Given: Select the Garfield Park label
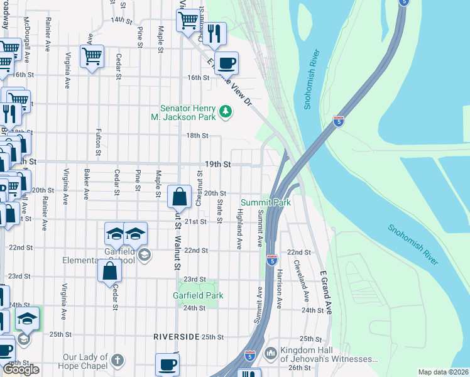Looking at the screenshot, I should tap(198, 295).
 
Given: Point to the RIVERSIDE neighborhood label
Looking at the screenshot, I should tap(176, 337).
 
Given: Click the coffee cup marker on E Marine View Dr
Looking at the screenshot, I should tap(227, 63).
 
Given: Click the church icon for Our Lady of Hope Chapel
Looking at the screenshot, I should tap(117, 360).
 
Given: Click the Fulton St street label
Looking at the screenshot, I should tap(99, 142).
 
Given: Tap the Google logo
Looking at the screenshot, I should tap(21, 369).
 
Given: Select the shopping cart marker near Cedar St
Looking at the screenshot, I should tap(92, 57).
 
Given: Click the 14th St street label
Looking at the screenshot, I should tap(122, 20).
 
